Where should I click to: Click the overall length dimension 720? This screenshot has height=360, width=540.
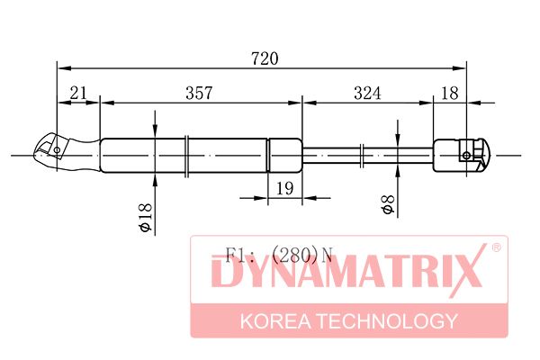pos(265,58)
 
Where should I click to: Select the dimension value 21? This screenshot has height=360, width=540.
pos(78,93)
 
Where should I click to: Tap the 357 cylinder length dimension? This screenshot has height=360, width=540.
pos(199,93)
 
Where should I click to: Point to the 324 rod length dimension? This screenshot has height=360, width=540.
pos(367,93)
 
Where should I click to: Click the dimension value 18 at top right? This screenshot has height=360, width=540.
pos(450,93)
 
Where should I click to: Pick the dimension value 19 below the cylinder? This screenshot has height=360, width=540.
pos(285,188)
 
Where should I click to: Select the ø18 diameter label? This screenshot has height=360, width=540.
pos(145,218)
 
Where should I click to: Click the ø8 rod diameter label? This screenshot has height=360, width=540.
pos(388,204)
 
